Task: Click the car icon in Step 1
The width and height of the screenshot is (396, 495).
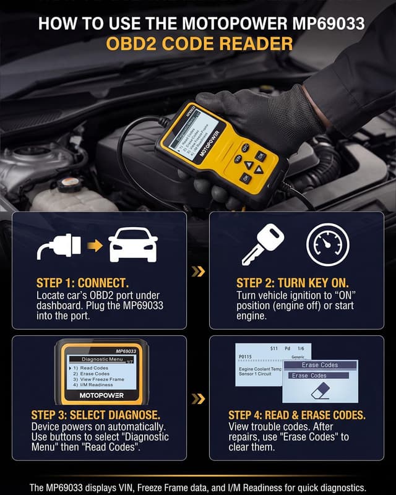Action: [x=133, y=247]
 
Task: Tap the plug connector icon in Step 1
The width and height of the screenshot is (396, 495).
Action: [x=59, y=246]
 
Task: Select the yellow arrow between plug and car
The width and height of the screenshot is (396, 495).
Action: [x=95, y=246]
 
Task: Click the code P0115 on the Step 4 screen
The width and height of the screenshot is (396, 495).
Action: [x=245, y=357]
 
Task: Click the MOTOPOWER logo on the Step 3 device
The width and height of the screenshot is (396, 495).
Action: [x=98, y=395]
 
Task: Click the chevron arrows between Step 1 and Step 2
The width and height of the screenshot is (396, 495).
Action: [x=198, y=270]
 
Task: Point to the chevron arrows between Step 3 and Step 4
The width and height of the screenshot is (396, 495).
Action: [x=198, y=398]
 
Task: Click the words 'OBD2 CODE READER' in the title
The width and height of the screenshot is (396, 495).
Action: [x=198, y=45]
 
